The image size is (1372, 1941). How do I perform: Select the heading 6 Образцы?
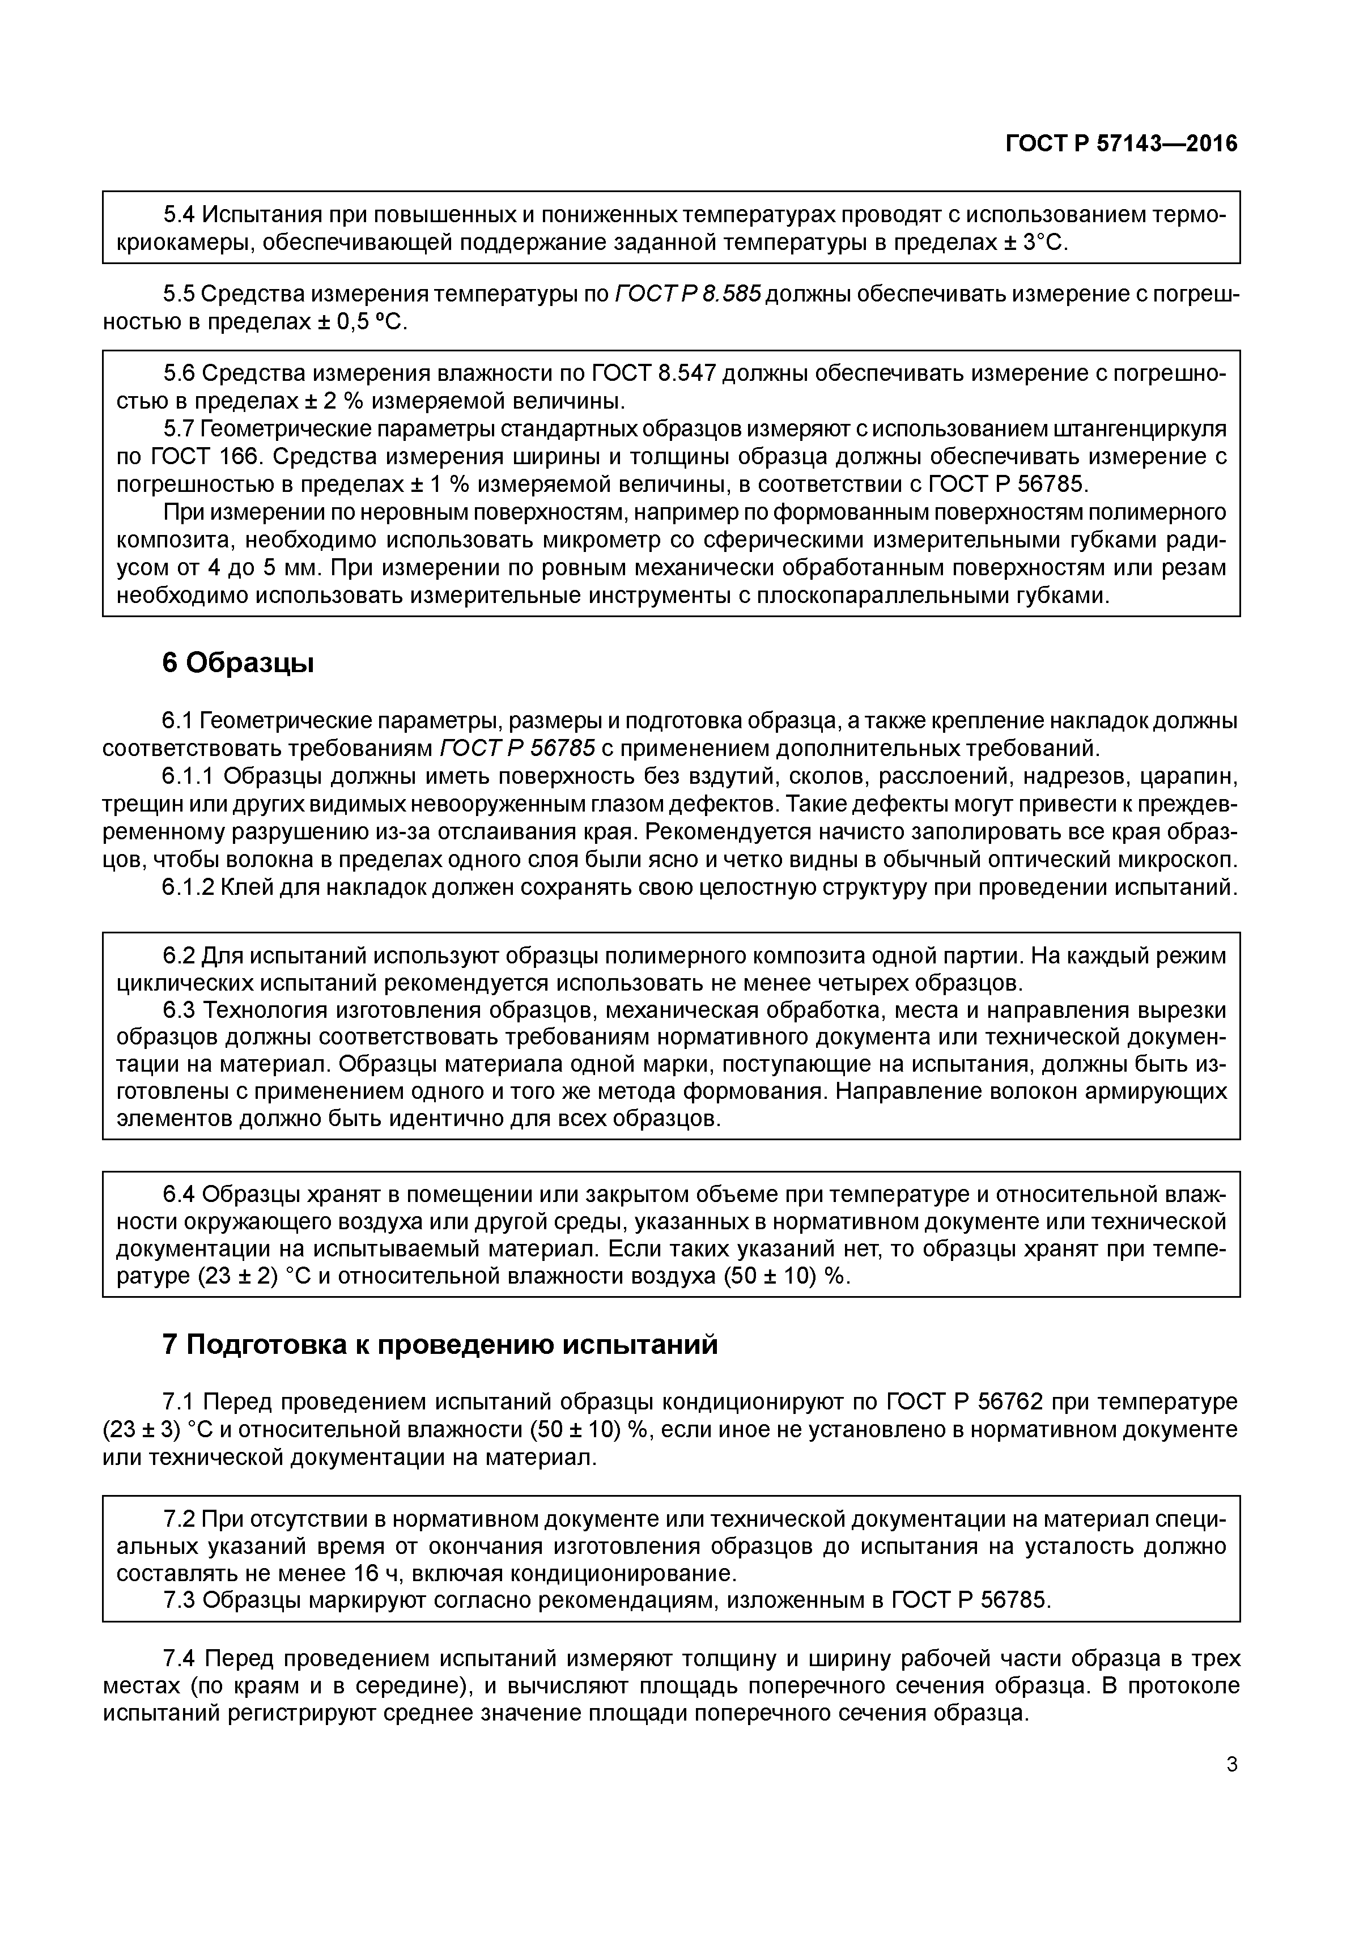237,664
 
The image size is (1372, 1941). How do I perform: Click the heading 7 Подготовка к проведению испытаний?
440,1344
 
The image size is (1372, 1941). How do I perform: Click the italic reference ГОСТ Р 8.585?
688,294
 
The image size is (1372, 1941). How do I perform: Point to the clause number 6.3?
179,1011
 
